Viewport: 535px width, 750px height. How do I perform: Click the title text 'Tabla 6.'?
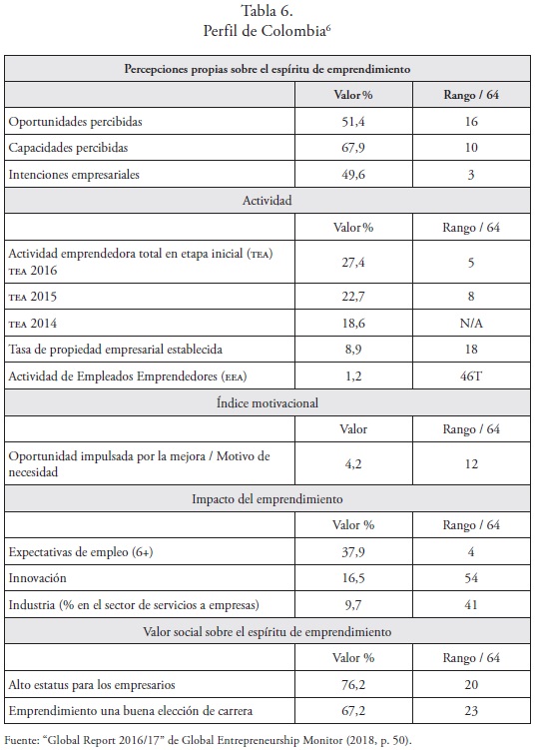[x=267, y=10]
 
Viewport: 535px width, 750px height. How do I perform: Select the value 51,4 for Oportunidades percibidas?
[x=353, y=122]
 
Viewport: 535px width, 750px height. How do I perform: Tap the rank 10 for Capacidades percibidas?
[x=471, y=148]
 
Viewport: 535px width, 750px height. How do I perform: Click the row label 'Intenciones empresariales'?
[x=74, y=174]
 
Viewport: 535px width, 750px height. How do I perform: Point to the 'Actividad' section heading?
[x=267, y=201]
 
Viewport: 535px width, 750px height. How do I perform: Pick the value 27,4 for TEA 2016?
[x=353, y=262]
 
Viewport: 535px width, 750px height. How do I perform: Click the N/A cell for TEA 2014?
[x=471, y=324]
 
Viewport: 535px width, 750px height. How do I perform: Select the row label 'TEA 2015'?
[x=33, y=297]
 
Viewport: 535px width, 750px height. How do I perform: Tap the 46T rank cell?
[x=471, y=375]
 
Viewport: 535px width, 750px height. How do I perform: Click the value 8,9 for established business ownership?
[x=353, y=350]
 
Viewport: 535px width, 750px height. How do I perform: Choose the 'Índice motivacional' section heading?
[x=267, y=402]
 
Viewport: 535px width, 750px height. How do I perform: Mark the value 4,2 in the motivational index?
[x=353, y=464]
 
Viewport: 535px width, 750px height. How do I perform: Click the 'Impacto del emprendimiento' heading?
[x=267, y=499]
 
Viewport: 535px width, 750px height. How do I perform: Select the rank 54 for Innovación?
[x=471, y=578]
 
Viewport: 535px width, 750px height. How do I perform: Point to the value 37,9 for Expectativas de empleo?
[x=353, y=552]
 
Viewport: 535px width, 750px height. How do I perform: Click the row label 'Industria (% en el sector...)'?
[x=134, y=605]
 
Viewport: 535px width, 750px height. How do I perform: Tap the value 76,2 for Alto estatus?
[x=353, y=685]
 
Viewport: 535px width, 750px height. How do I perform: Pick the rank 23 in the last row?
[x=471, y=711]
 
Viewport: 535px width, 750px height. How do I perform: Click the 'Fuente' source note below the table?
[x=208, y=740]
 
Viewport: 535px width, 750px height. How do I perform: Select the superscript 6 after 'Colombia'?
[x=328, y=27]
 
